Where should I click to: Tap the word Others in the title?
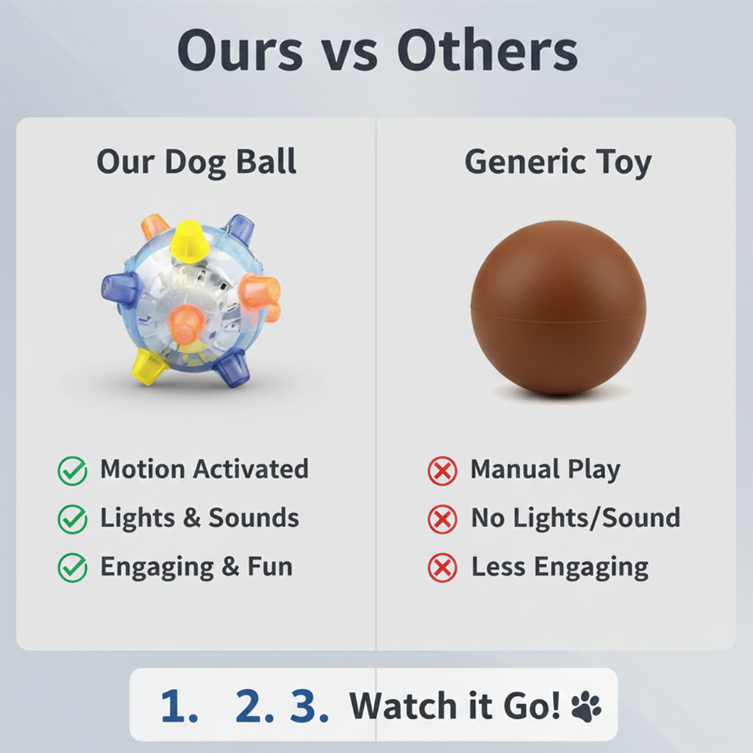click(487, 52)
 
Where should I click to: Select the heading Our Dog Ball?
click(197, 162)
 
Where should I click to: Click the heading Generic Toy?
click(558, 162)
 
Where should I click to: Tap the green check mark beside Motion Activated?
click(73, 471)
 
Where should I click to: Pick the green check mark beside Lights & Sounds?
click(73, 519)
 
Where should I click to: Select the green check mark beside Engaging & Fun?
click(73, 568)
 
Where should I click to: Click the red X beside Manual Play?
click(442, 471)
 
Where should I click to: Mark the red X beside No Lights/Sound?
click(442, 519)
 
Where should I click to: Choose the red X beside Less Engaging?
click(442, 568)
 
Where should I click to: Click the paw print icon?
click(586, 706)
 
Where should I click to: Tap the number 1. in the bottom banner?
click(179, 706)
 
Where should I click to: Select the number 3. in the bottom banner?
click(309, 706)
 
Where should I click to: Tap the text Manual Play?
click(545, 469)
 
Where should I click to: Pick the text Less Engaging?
click(559, 568)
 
